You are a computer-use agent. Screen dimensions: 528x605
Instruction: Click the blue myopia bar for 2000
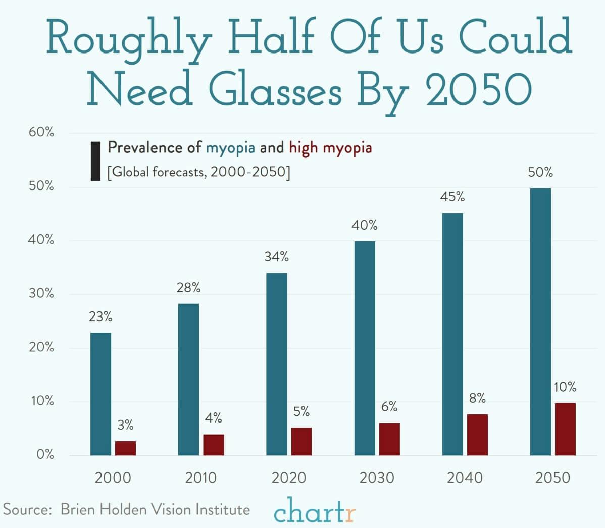[x=100, y=394]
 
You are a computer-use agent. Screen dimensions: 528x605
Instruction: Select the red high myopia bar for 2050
[x=565, y=429]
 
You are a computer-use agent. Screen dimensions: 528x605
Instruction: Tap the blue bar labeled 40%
[x=365, y=348]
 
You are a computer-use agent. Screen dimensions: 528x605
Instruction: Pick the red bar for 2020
[x=301, y=441]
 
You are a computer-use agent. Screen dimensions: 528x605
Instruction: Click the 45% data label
[x=452, y=197]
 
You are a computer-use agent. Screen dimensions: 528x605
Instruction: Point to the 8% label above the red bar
[x=477, y=399]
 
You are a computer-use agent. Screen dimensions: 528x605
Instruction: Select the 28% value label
[x=188, y=288]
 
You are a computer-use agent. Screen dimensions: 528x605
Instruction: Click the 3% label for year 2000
[x=125, y=426]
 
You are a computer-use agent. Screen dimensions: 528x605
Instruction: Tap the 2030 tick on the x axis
[x=377, y=478]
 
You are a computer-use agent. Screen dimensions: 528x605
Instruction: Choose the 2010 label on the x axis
[x=200, y=478]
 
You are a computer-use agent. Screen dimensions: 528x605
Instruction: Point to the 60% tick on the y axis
[x=41, y=133]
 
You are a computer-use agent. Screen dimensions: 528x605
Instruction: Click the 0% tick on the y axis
[x=45, y=455]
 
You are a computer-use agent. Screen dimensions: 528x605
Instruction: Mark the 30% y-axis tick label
[x=41, y=294]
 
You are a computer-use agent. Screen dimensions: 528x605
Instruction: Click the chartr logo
[x=315, y=511]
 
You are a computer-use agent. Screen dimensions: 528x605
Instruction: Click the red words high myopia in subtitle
[x=330, y=148]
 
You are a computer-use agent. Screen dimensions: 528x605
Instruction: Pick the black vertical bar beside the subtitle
[x=95, y=161]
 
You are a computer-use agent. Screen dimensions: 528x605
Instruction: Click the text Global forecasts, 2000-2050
[x=199, y=172]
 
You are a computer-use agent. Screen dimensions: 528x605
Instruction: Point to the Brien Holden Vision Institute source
[x=155, y=509]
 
